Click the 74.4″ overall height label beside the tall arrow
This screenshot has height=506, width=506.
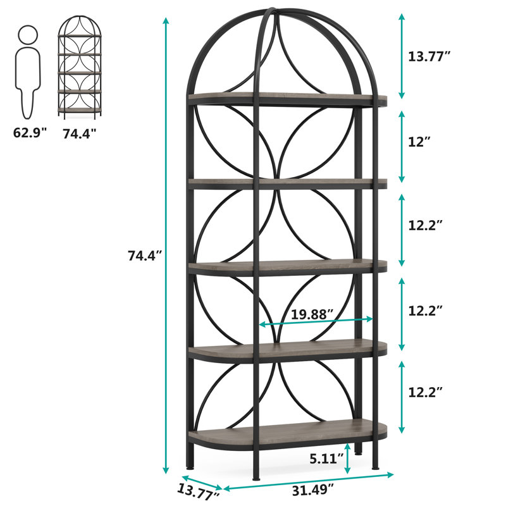(x=145, y=256)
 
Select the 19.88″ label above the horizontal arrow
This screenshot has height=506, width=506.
(x=312, y=314)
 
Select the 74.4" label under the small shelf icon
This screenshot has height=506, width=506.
(x=80, y=133)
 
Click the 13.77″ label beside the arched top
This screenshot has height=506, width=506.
(x=429, y=56)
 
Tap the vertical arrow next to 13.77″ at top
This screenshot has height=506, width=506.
(x=401, y=56)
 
